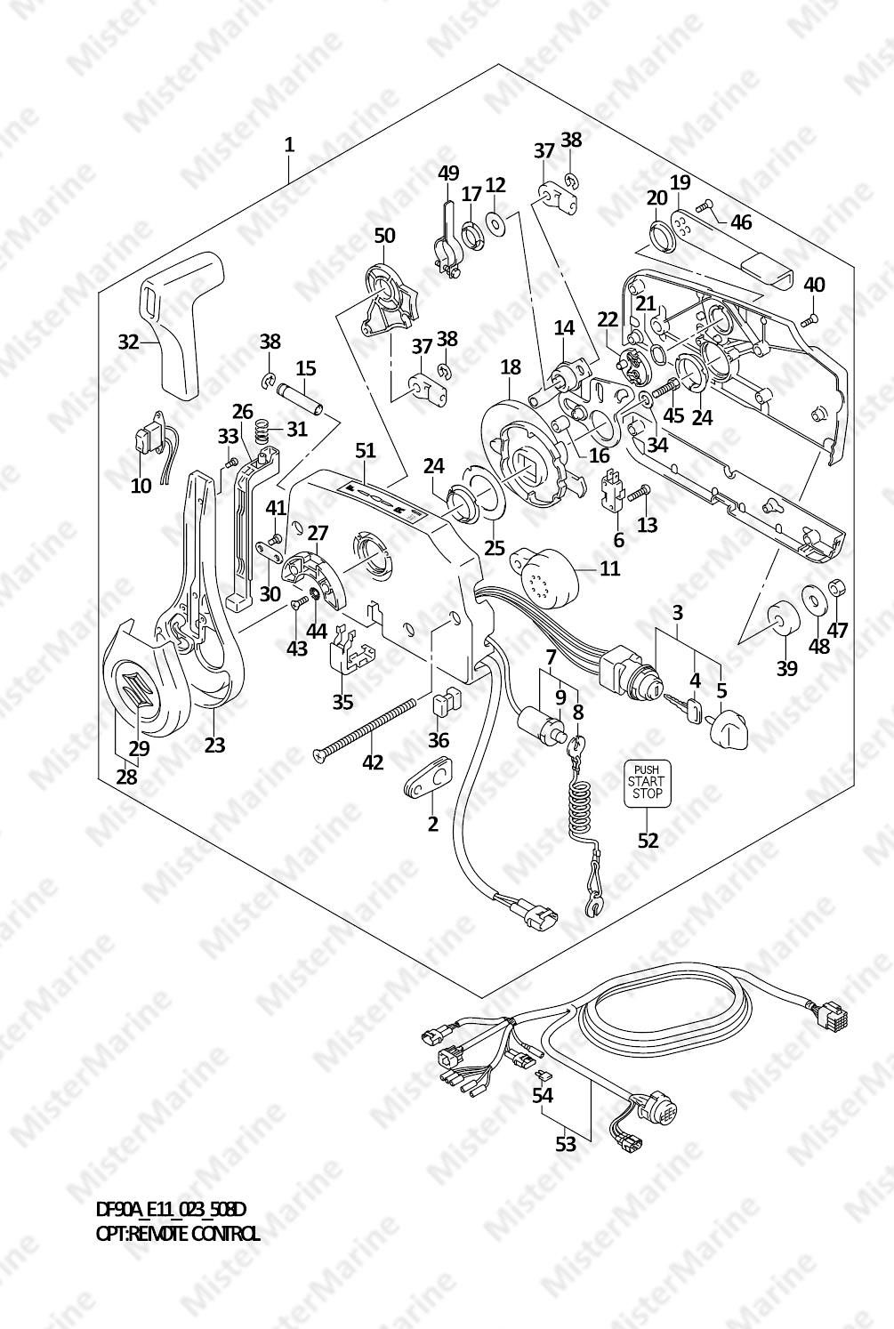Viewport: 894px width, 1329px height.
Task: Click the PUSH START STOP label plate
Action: click(x=648, y=783)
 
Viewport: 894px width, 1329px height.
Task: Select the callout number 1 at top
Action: click(x=289, y=144)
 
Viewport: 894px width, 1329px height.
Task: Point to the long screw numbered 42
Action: click(x=366, y=729)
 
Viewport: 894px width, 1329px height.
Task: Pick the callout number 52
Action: click(x=648, y=840)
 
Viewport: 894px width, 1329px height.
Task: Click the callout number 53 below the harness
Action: click(x=566, y=1144)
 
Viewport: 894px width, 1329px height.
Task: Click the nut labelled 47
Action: click(x=836, y=587)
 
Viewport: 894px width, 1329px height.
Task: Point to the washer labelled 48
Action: click(x=814, y=600)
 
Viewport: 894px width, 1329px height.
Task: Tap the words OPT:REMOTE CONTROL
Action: click(x=178, y=1234)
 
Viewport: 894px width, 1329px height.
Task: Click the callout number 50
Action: click(x=384, y=236)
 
